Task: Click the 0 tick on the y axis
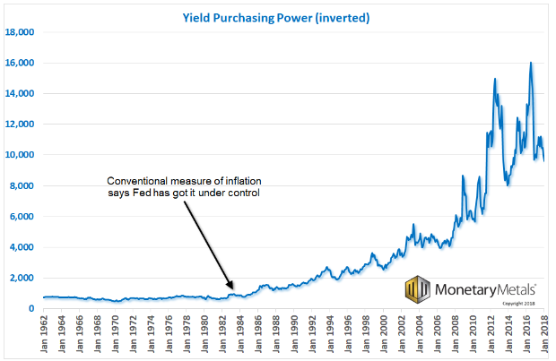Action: coord(31,309)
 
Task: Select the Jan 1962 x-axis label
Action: coord(44,332)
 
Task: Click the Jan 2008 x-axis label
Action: coord(455,332)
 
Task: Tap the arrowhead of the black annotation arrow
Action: coord(232,288)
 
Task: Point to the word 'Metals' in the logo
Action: coord(510,288)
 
